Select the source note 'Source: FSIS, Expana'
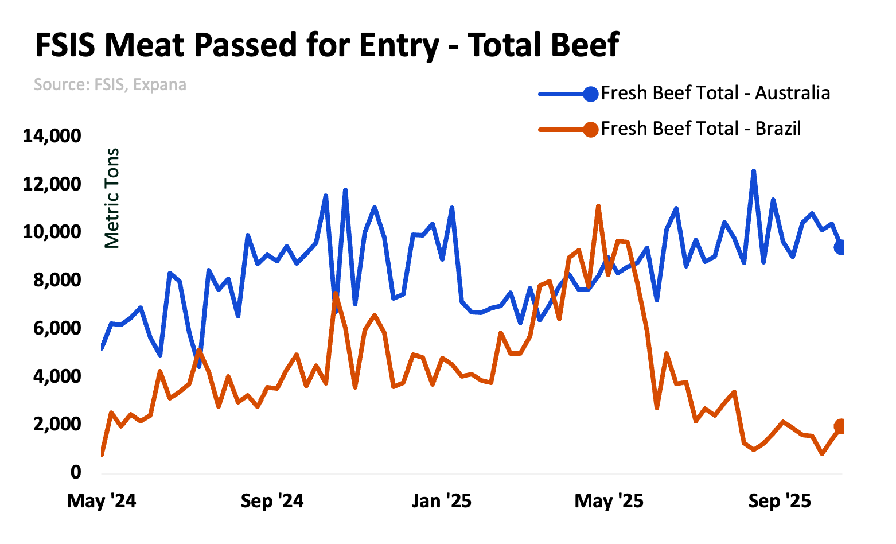click(x=110, y=85)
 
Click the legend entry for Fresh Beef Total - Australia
click(x=715, y=93)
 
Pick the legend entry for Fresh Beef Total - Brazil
click(x=700, y=129)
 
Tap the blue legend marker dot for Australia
click(x=590, y=94)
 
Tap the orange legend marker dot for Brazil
click(x=590, y=129)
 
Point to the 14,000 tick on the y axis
click(x=52, y=136)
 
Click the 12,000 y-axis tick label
click(x=52, y=184)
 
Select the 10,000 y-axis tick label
click(x=52, y=232)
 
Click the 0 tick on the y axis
click(x=76, y=472)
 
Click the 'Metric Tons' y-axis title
click(x=112, y=198)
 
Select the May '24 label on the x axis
click(x=102, y=501)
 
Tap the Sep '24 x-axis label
click(x=272, y=501)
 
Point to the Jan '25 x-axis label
click(x=442, y=501)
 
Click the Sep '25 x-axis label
click(x=780, y=501)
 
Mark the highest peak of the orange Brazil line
click(x=598, y=206)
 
